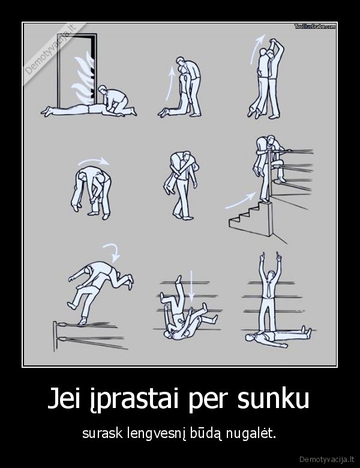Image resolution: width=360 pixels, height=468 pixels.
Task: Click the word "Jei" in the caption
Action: (68, 399)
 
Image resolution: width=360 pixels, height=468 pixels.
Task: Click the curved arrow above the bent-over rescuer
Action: (97, 162)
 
